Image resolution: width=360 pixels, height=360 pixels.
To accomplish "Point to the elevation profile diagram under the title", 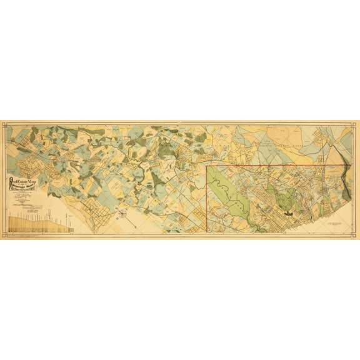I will pos(41,224).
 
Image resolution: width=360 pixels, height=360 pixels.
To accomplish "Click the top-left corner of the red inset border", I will pos(207,166).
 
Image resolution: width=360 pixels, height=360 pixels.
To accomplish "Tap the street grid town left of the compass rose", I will pos(94,212).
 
